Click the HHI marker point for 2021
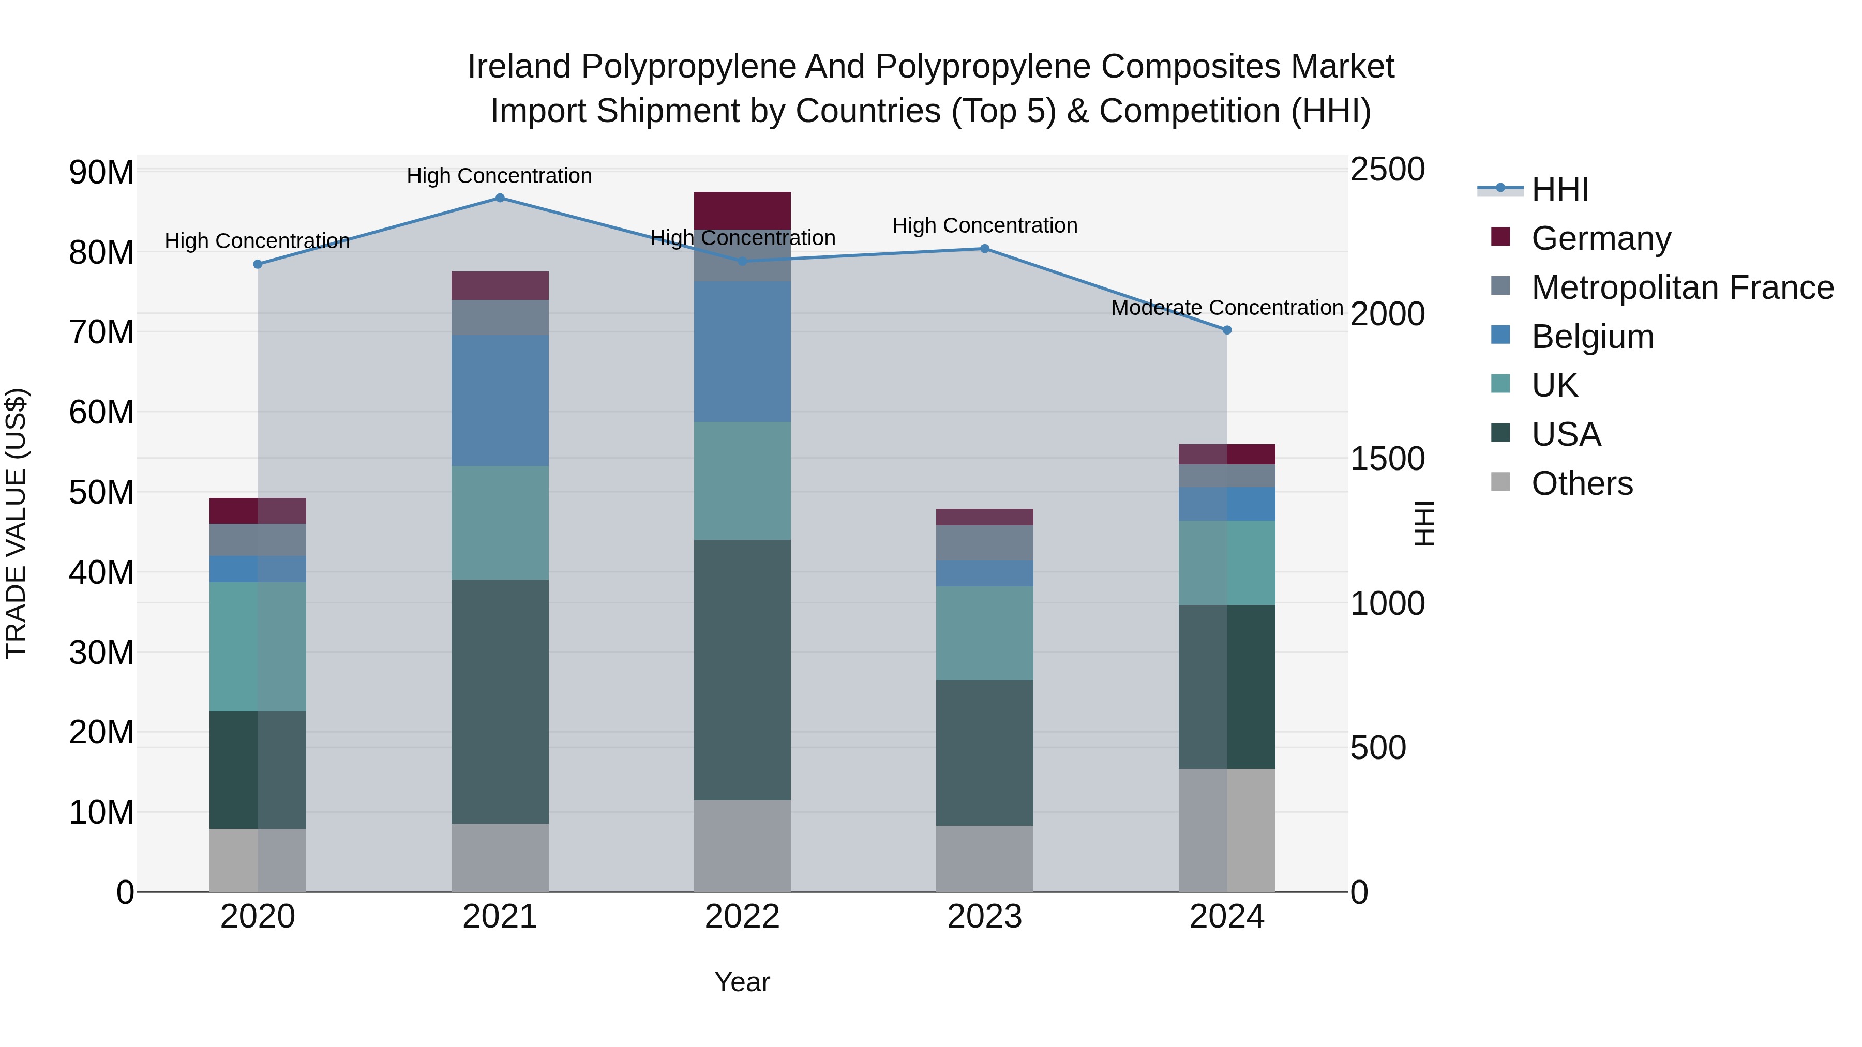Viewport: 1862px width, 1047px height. click(500, 198)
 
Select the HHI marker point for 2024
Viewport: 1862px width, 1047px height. click(1227, 330)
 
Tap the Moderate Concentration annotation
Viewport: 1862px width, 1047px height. click(1227, 308)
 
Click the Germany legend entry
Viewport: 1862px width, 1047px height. click(1600, 238)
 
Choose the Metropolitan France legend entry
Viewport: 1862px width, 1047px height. click(1682, 287)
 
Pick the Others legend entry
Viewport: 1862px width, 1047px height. click(1582, 483)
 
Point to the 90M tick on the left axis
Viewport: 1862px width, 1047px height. click(101, 173)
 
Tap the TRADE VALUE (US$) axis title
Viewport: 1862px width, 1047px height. click(16, 523)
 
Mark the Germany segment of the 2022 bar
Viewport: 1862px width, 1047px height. click(742, 211)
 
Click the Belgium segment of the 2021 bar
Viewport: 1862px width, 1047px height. click(500, 400)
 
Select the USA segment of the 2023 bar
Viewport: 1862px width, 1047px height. click(984, 753)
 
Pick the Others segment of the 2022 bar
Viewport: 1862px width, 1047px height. click(742, 845)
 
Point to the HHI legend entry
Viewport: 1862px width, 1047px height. click(1560, 189)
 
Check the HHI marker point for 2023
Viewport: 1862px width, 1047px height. click(984, 249)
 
